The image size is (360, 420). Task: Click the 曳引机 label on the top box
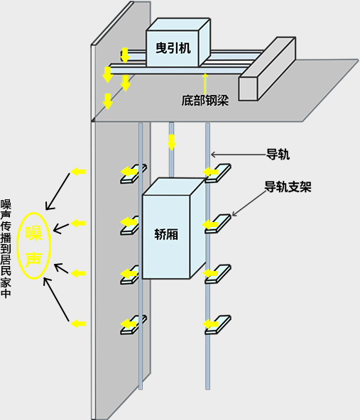tap(173, 48)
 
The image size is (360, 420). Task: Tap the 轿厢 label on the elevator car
tap(166, 235)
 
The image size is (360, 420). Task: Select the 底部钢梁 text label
tap(205, 101)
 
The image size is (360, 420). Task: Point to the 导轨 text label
tap(278, 154)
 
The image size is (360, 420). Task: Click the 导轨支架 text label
tap(288, 187)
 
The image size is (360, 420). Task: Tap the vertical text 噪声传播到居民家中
tap(6, 248)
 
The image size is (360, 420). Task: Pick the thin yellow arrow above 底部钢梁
tap(205, 84)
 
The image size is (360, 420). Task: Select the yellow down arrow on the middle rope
tap(172, 142)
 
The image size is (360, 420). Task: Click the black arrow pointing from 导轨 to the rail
tap(239, 155)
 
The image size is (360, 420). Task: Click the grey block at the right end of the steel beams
tap(267, 69)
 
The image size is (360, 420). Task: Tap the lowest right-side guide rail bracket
tap(218, 325)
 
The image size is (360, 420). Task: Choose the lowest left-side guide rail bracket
tap(133, 325)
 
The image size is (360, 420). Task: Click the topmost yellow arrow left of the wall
tap(78, 172)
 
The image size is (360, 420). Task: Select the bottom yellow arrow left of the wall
tap(78, 324)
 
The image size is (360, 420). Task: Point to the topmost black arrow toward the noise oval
tap(58, 192)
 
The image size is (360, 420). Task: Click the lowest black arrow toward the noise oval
tap(56, 299)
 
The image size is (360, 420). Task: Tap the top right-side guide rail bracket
tap(218, 173)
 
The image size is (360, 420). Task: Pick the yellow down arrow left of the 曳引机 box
tap(125, 55)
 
